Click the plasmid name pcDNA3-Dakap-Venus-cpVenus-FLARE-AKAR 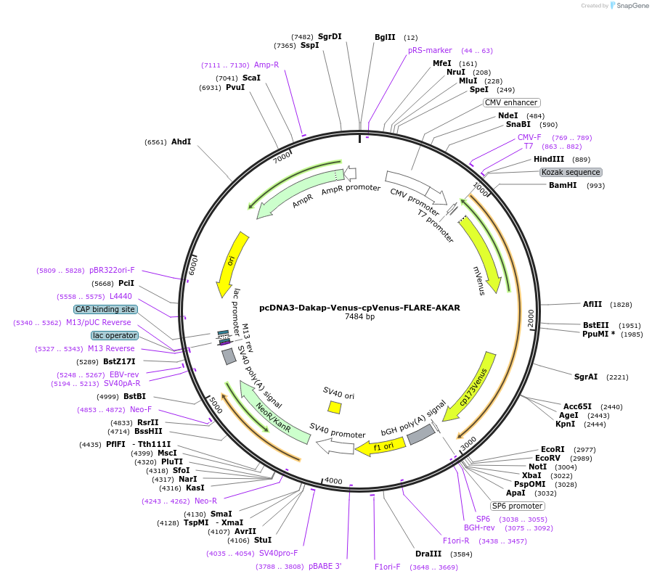click(359, 308)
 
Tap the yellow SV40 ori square click(335, 407)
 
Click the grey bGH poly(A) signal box click(420, 434)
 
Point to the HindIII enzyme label click(549, 160)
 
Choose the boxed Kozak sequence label click(571, 173)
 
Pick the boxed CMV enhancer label click(511, 102)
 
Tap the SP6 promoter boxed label click(517, 506)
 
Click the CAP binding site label click(105, 309)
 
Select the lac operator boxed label click(114, 335)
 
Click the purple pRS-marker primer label click(430, 50)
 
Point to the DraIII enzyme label click(428, 554)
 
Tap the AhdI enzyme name click(181, 141)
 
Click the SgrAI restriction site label click(586, 377)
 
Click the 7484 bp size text click(359, 317)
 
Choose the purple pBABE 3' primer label click(325, 566)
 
